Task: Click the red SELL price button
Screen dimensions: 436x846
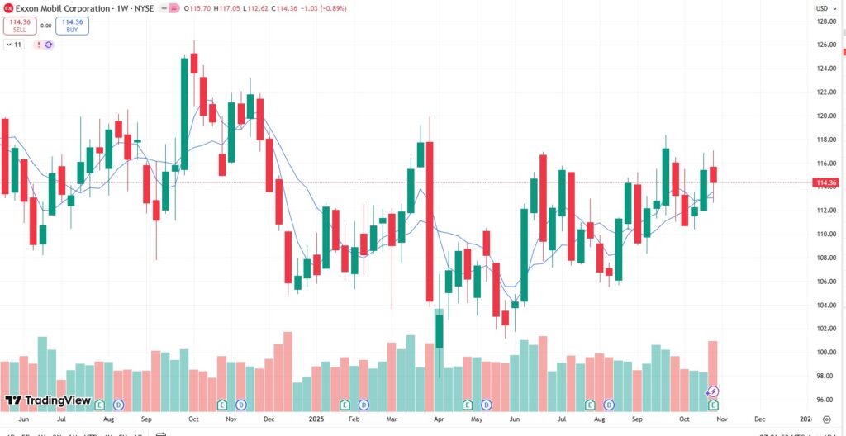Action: pos(19,26)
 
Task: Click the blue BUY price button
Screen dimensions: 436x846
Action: pos(74,26)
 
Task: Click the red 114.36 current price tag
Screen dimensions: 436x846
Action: pos(826,182)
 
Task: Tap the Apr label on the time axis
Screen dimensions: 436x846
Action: pos(440,419)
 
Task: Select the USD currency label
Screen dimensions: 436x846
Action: pos(822,8)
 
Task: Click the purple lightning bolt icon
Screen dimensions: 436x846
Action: pos(713,391)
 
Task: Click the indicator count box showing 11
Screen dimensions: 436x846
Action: pos(14,44)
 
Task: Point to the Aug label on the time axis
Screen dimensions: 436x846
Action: pos(108,419)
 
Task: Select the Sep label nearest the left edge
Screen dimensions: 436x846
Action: pos(145,419)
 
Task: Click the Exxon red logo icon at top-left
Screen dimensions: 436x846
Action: pos(8,7)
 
